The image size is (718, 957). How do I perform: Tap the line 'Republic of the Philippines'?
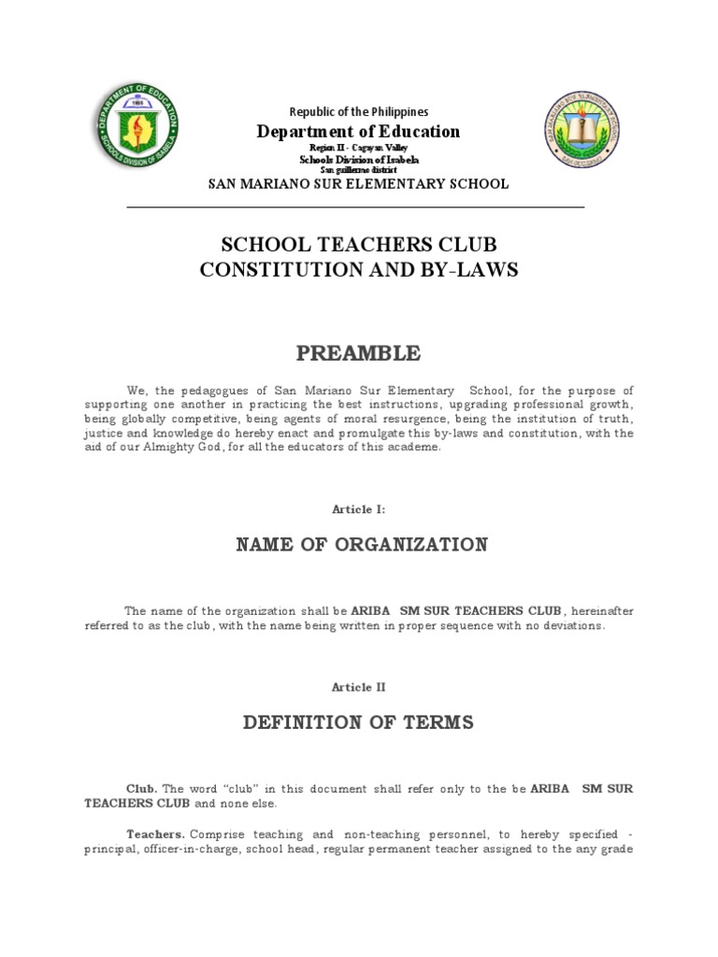(359, 111)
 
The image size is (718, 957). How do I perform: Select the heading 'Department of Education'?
(359, 132)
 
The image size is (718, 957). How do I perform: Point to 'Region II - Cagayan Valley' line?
(359, 149)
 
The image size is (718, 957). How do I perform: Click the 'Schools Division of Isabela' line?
(359, 160)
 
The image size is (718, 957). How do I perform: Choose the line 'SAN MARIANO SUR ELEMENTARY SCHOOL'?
(359, 184)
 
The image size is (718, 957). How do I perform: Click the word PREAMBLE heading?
(359, 353)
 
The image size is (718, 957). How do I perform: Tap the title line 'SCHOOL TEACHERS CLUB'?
(359, 245)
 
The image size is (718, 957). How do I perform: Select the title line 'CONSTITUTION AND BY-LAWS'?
(359, 270)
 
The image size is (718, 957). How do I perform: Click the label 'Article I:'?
(359, 509)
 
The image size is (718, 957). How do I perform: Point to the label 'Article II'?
(359, 687)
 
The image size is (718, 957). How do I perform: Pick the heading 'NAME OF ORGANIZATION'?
(359, 545)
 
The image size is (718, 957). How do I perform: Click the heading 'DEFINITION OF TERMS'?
(359, 722)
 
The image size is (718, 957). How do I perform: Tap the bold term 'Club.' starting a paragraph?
(142, 789)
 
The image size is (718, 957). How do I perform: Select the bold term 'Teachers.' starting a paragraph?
(156, 834)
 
